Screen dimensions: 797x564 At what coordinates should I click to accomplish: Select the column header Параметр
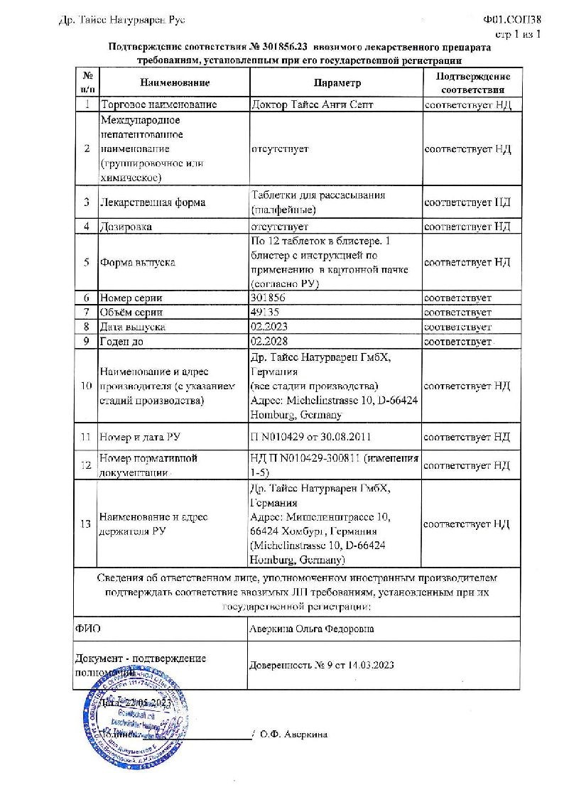pyautogui.click(x=336, y=82)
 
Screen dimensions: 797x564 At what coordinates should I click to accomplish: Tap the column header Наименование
pyautogui.click(x=175, y=82)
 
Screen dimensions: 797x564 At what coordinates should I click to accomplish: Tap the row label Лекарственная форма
pyautogui.click(x=153, y=202)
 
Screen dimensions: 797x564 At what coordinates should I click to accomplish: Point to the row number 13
pyautogui.click(x=87, y=524)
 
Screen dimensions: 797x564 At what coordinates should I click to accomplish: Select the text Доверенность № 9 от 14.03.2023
pyautogui.click(x=322, y=666)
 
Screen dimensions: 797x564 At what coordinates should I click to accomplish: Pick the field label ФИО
pyautogui.click(x=87, y=629)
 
